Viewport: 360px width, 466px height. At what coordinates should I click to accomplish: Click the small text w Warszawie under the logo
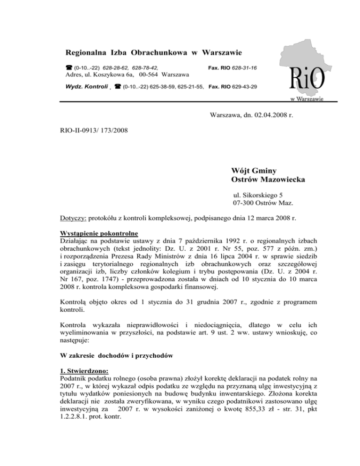306,99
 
